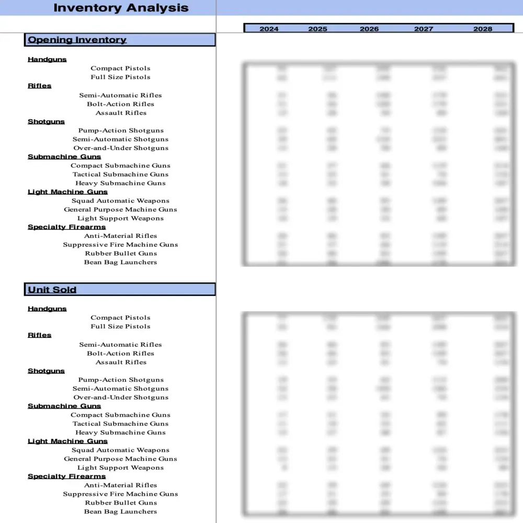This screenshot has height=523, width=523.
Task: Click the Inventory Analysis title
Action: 121,8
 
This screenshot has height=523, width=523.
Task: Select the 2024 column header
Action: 269,29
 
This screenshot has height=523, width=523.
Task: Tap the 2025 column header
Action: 317,29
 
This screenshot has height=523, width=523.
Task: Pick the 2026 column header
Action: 369,29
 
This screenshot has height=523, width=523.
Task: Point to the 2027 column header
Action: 424,29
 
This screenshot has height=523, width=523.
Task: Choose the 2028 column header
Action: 483,29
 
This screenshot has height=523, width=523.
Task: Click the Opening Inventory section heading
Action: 77,40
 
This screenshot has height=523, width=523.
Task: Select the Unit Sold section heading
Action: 52,290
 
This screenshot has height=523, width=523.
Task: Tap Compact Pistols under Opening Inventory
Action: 120,69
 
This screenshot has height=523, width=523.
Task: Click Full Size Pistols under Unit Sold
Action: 120,326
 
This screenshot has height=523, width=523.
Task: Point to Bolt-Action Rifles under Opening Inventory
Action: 120,104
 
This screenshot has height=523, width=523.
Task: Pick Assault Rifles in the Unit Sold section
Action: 121,362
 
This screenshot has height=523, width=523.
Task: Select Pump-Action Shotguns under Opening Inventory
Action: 121,131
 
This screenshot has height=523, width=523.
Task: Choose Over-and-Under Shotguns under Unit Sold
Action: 121,397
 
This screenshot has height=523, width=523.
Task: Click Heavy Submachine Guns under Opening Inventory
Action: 120,184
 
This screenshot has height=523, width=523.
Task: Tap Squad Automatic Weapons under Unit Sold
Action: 120,450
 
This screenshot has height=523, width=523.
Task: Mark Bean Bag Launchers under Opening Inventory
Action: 120,263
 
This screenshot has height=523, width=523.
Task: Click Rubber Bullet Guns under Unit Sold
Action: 121,503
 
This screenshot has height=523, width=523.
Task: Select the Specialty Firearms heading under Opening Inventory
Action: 66,227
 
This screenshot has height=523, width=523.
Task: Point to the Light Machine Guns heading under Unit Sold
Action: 67,441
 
